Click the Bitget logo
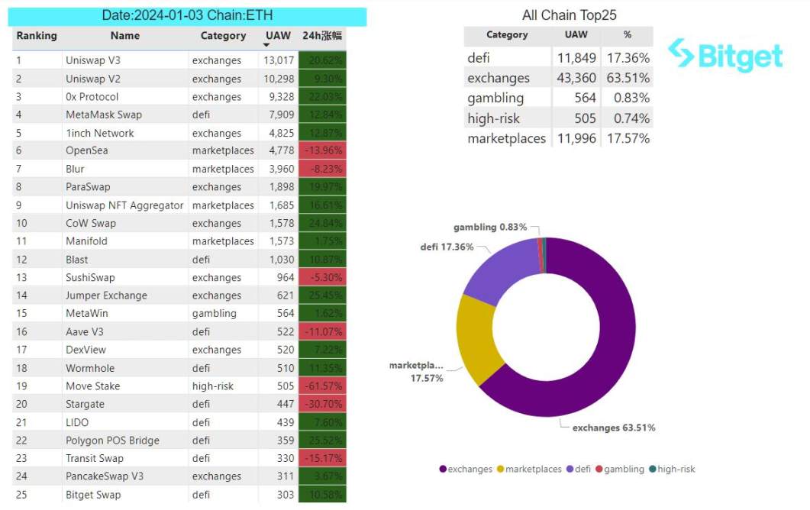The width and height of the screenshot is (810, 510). (x=725, y=55)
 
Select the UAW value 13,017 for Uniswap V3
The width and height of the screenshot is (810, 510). (x=279, y=60)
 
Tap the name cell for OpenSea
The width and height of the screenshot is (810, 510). (x=87, y=150)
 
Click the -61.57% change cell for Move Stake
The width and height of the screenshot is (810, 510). (x=323, y=386)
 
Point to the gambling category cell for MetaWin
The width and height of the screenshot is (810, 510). (x=215, y=313)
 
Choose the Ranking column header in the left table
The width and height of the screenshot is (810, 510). (x=37, y=36)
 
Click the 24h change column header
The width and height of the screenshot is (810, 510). (x=322, y=36)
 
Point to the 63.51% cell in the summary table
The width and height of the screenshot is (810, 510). (x=627, y=78)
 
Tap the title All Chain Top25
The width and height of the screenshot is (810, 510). (x=569, y=15)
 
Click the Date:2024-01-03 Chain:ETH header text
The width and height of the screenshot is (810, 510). (x=187, y=15)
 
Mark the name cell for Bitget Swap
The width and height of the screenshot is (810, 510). (x=93, y=495)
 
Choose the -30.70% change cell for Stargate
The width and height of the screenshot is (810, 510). (x=323, y=404)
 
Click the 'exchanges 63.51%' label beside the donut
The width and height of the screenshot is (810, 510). (x=614, y=428)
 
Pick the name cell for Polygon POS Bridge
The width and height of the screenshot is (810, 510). (x=112, y=441)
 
